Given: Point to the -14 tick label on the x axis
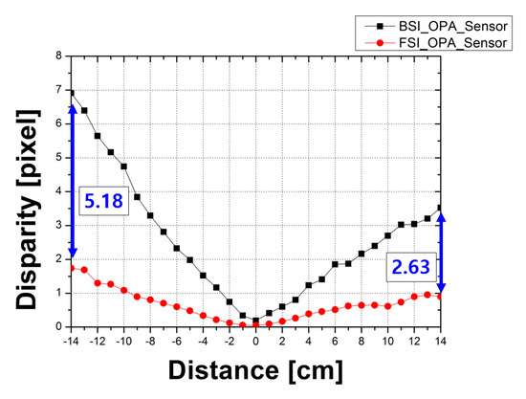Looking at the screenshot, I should [70, 341].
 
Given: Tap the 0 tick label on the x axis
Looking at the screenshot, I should [255, 341].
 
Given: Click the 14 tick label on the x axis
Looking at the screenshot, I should [439, 341].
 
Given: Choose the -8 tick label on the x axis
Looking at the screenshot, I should [150, 341].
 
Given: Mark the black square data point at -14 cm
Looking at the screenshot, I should [72, 93].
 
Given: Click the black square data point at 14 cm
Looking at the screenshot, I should [439, 208].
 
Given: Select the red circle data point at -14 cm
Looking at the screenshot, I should [72, 268].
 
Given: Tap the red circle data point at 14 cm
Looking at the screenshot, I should [439, 296].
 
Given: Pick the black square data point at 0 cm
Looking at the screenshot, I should [255, 321].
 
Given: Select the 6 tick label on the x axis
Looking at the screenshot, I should [334, 341].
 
